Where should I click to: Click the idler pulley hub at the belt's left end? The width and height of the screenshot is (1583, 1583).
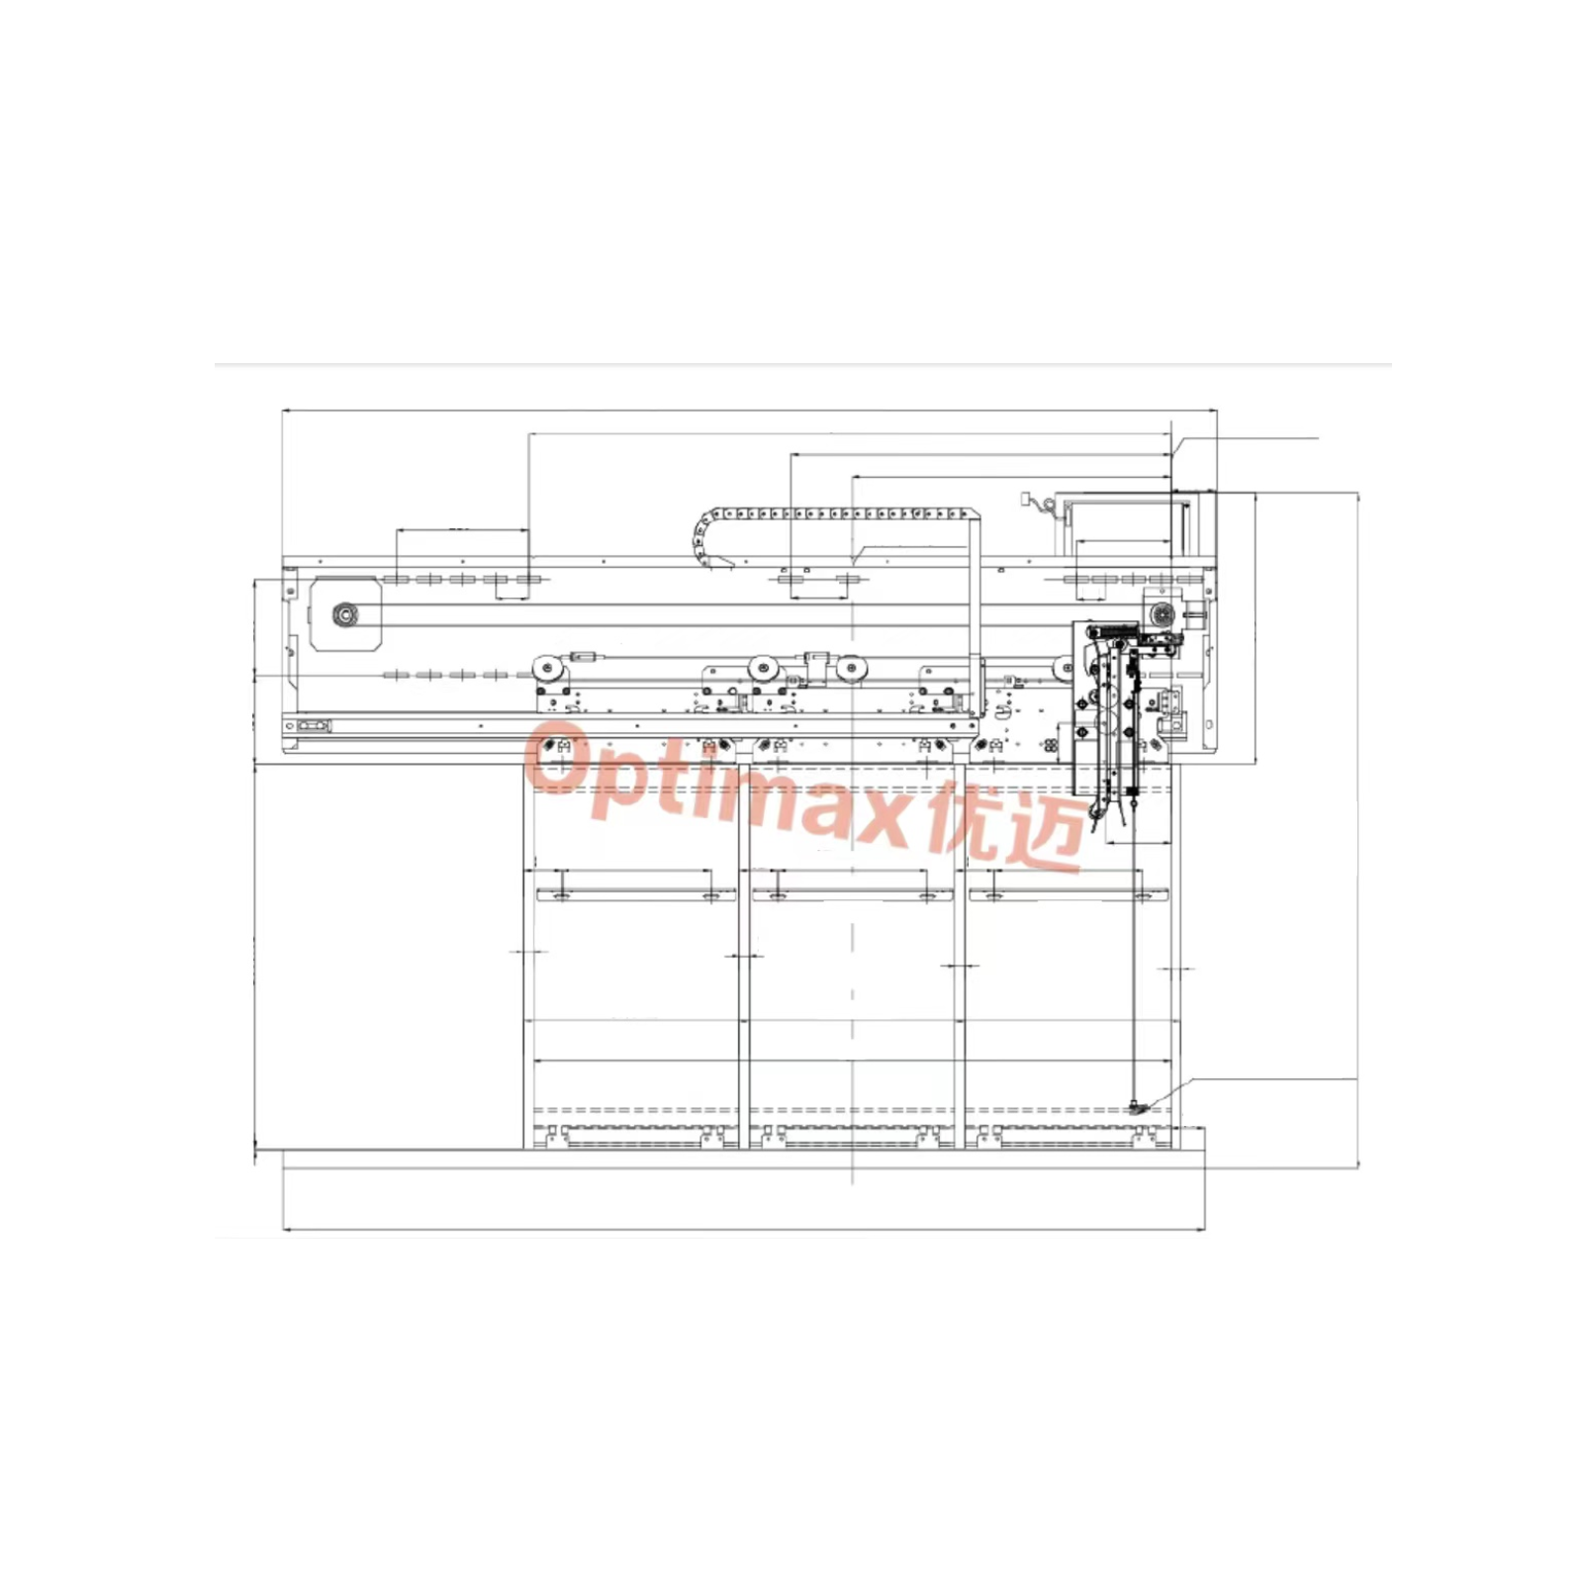point(344,615)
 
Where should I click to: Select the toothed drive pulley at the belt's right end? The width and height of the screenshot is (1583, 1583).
point(1161,613)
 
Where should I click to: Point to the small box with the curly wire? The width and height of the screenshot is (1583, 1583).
point(1028,501)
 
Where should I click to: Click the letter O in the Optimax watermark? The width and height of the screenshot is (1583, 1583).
point(560,757)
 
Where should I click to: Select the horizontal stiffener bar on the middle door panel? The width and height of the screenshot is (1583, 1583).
point(852,895)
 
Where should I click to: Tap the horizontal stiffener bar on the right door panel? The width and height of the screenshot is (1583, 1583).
point(1069,895)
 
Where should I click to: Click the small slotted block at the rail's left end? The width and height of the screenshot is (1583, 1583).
point(314,726)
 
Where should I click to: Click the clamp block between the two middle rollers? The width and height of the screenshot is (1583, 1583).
point(816,665)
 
